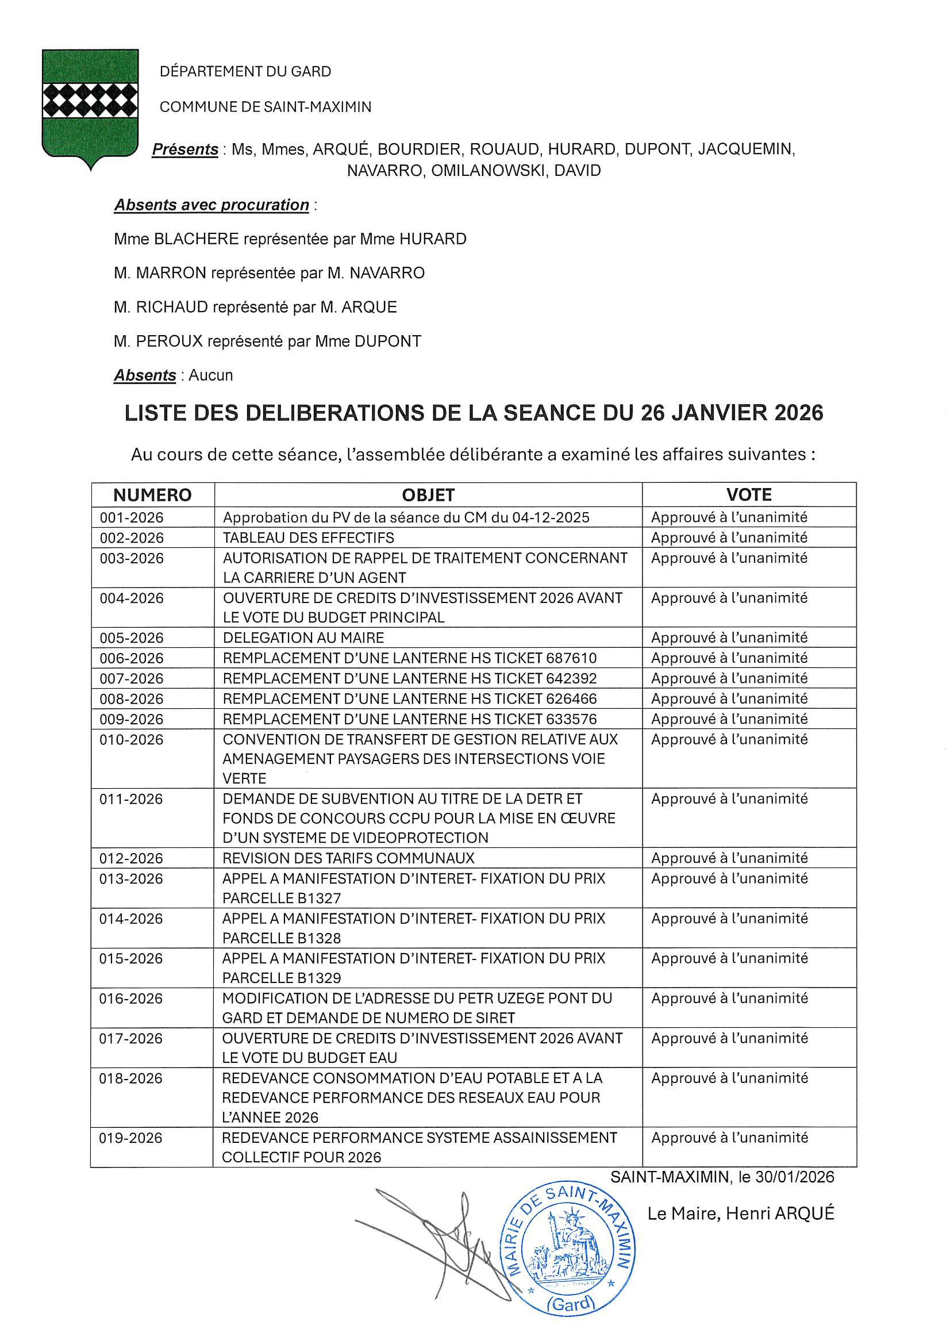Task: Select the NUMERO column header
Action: (152, 495)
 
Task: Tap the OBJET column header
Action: (428, 495)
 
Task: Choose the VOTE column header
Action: (749, 494)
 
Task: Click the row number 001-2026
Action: (132, 517)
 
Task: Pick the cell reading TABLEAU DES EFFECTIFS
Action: (309, 537)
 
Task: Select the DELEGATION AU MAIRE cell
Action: (303, 638)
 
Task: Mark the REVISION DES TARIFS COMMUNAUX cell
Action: (348, 858)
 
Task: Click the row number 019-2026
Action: (130, 1138)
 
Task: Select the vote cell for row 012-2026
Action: (729, 858)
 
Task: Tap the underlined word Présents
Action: (185, 149)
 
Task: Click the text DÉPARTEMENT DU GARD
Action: (245, 71)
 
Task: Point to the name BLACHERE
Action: (196, 239)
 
